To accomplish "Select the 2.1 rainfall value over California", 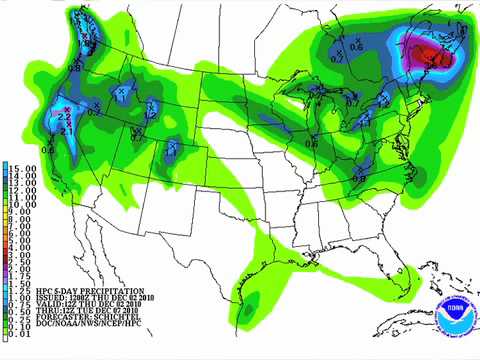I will [68, 129].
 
